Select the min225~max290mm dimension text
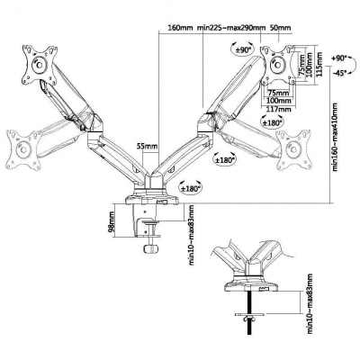click(230, 27)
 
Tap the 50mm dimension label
click(279, 27)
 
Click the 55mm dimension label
click(142, 144)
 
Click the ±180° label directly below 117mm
click(273, 121)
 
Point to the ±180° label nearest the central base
click(190, 187)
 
